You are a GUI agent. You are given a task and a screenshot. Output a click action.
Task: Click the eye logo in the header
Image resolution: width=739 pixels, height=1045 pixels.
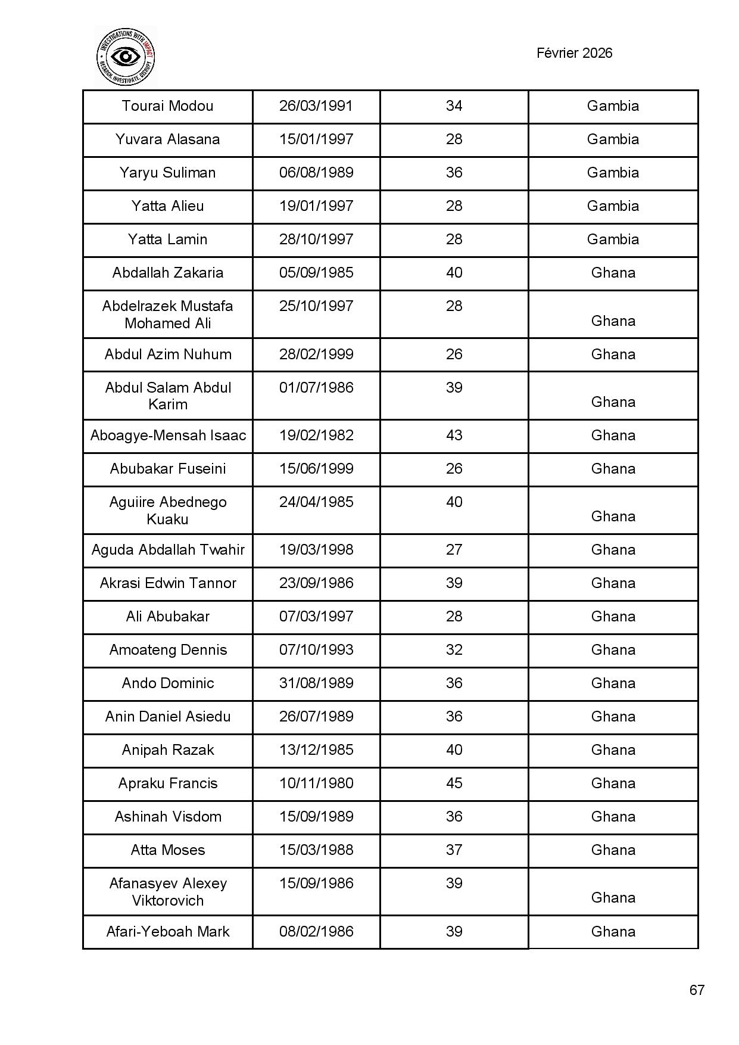tap(126, 57)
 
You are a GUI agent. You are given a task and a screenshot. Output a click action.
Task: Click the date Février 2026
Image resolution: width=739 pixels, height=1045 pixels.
tap(574, 53)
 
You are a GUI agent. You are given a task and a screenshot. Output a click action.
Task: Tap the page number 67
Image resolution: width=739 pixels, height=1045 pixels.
tap(697, 990)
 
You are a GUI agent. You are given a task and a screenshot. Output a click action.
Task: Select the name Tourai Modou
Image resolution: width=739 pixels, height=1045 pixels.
tap(167, 106)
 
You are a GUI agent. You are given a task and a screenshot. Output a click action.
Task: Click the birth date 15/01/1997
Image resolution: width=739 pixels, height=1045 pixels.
tap(316, 139)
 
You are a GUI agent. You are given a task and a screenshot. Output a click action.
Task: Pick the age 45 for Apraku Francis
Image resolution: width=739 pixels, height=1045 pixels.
tap(454, 783)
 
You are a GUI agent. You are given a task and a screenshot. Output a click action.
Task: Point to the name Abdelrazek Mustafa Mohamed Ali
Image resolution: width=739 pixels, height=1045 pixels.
tap(167, 315)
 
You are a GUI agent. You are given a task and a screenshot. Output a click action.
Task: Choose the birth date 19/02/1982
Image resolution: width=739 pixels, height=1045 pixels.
tap(316, 436)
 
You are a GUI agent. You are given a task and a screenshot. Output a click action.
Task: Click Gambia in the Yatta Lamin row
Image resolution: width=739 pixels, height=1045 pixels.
tap(613, 240)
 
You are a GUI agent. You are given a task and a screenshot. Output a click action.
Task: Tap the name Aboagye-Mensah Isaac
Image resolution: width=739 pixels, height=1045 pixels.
tap(168, 436)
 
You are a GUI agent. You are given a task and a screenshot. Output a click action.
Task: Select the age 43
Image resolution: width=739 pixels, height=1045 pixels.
tap(454, 436)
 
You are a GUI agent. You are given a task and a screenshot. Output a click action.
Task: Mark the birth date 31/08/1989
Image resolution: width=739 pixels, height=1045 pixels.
tap(316, 683)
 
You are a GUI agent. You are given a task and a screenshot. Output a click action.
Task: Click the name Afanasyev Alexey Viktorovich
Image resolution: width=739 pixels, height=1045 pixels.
tap(168, 892)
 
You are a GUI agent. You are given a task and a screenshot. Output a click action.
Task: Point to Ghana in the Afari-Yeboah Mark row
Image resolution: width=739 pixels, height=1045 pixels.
tap(613, 932)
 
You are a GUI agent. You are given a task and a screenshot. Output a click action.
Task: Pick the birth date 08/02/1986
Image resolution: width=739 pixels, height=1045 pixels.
tap(316, 932)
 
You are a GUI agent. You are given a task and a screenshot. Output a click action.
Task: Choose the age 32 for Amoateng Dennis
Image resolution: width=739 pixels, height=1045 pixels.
tap(454, 650)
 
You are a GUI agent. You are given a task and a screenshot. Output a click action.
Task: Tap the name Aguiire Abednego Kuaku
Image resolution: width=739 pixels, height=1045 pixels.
tap(168, 511)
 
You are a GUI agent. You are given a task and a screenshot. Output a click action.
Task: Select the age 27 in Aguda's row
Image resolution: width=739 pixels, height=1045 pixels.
tap(454, 550)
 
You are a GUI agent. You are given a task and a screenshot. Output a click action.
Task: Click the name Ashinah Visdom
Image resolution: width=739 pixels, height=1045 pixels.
tap(168, 817)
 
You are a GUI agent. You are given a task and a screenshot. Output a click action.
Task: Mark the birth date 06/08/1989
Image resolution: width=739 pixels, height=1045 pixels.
tap(316, 173)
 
